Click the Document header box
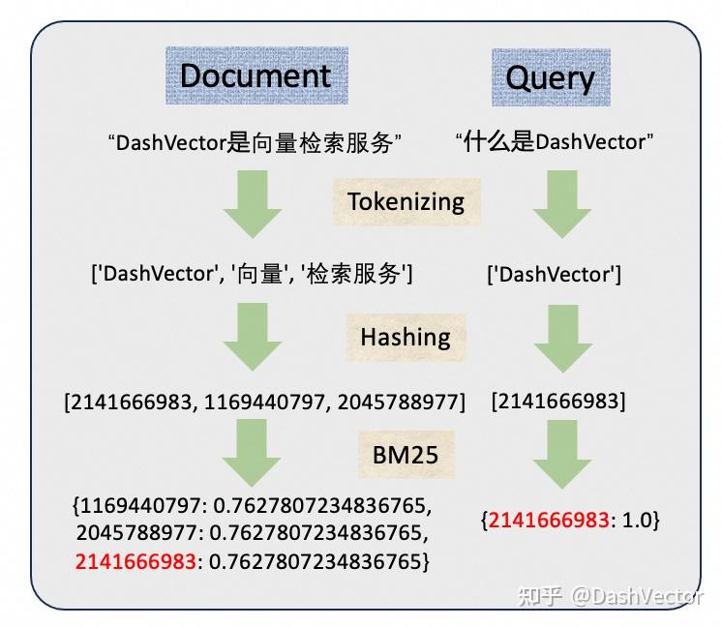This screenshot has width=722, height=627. click(256, 75)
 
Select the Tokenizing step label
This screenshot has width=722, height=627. click(406, 201)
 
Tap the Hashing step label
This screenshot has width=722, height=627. click(406, 337)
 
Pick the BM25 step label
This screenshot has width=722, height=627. click(406, 455)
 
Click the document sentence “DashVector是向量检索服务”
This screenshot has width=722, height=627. click(254, 143)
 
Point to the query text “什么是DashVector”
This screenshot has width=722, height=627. click(555, 142)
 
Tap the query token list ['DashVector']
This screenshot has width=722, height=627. click(554, 275)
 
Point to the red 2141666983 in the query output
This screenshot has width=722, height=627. click(549, 521)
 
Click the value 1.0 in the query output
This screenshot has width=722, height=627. click(635, 521)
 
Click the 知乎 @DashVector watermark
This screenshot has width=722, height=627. click(611, 596)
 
